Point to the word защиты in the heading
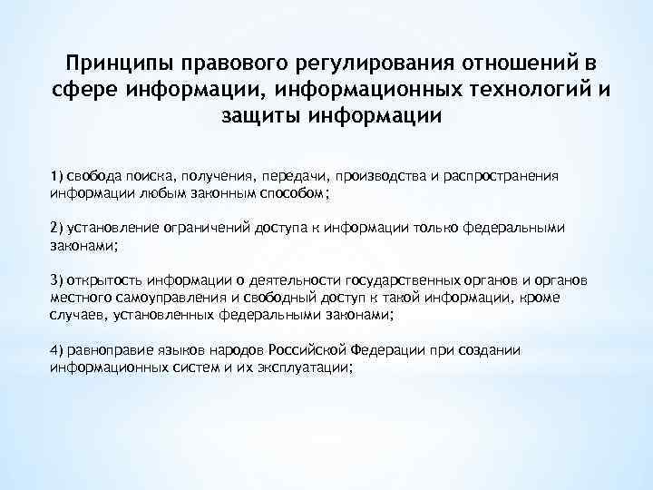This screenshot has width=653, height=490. tap(261, 116)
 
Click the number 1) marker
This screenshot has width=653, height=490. tap(57, 175)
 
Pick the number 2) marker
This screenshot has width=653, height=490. tap(57, 227)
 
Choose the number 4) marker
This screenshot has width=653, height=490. tap(57, 349)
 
